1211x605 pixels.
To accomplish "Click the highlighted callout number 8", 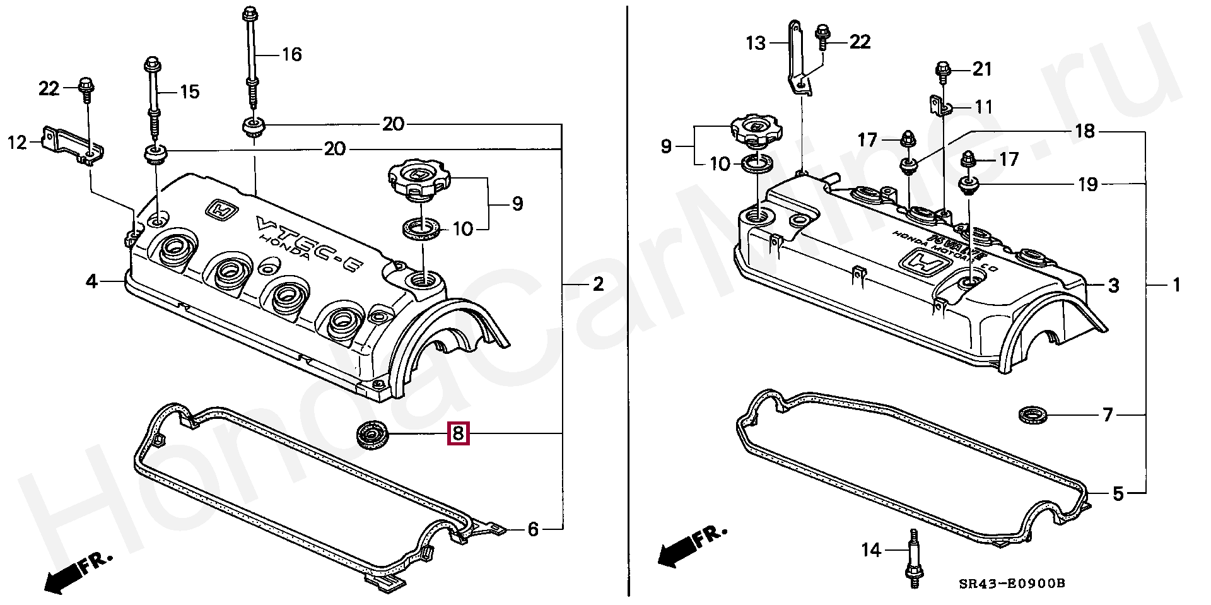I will (x=458, y=433).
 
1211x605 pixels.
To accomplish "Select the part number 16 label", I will (x=291, y=54).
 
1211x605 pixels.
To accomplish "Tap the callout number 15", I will (x=189, y=92).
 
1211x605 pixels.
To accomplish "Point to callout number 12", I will (x=17, y=143).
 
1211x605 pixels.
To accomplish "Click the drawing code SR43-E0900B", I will (x=1012, y=584).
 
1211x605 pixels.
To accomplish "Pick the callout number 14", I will (x=871, y=550).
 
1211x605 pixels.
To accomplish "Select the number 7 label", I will (x=1108, y=415).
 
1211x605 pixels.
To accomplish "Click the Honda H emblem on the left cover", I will (x=221, y=211).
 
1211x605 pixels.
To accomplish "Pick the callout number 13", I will (x=755, y=43).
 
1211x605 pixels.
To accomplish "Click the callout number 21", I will (x=982, y=69).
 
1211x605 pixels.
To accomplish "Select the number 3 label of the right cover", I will (x=1113, y=286).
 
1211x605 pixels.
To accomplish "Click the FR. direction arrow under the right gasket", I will (x=690, y=547).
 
